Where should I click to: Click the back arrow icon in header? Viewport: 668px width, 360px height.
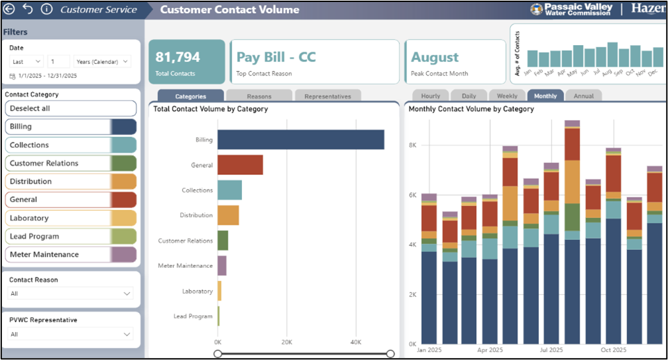tap(9, 9)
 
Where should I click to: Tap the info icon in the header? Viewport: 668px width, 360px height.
tap(46, 9)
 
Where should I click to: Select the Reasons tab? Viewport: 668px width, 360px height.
tap(259, 96)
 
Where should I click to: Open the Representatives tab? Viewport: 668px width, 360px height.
tap(327, 96)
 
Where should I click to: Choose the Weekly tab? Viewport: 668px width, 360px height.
tap(507, 96)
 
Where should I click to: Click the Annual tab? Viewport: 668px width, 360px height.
tap(583, 96)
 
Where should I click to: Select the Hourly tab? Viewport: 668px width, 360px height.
tap(430, 96)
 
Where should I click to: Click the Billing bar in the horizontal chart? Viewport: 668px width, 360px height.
tap(301, 140)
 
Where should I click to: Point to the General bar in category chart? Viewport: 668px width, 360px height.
tap(240, 165)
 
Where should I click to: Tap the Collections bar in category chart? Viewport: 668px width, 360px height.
tap(229, 190)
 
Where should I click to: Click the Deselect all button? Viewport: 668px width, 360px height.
tap(70, 108)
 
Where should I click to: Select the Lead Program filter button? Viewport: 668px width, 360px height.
tap(70, 236)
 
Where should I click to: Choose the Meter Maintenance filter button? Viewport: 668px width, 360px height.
tap(70, 255)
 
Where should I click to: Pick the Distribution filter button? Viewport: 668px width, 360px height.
tap(70, 182)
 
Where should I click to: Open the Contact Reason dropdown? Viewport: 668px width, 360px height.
tap(71, 294)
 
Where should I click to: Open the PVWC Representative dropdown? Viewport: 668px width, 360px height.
tap(71, 335)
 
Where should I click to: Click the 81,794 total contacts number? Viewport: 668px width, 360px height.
tap(178, 57)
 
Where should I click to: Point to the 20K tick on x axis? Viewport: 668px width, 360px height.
tap(286, 342)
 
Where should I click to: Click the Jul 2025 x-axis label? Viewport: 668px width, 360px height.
tap(551, 349)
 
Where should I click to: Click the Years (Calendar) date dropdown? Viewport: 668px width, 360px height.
tap(102, 61)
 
